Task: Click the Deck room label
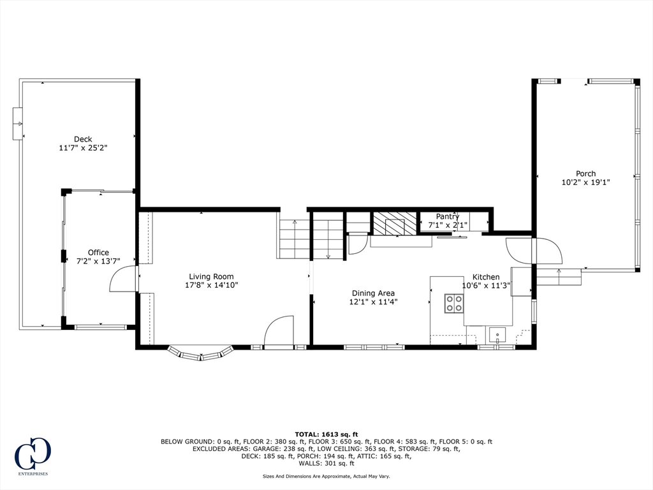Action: [83, 139]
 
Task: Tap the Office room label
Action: [98, 253]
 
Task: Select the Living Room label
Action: [211, 277]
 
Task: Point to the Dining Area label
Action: [373, 293]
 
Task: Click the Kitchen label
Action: [485, 277]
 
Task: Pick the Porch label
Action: [585, 174]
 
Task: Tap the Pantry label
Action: [447, 217]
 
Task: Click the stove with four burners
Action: [454, 303]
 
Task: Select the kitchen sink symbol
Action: [497, 335]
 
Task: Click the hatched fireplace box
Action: [394, 223]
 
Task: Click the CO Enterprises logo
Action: [33, 456]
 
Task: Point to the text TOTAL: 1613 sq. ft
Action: [326, 434]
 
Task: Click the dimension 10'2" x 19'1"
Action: [585, 182]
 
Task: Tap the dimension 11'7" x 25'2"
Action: [83, 147]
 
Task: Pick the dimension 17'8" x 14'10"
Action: [211, 285]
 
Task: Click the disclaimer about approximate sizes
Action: [326, 476]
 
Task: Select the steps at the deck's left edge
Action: [18, 124]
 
